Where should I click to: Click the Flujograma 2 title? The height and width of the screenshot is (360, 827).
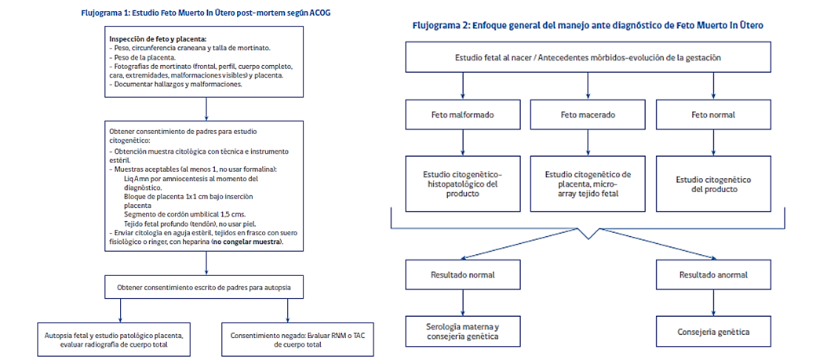588,25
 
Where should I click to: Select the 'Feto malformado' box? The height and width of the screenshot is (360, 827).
463,115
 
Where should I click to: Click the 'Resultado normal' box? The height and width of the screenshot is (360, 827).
463,276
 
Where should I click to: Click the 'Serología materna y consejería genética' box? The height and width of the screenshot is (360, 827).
463,333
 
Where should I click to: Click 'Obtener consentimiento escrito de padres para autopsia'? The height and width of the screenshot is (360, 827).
206,288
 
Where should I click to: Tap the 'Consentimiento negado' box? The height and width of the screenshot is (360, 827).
297,339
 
